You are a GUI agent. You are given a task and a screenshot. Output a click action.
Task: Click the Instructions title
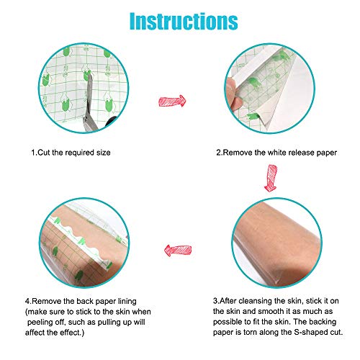point(184,21)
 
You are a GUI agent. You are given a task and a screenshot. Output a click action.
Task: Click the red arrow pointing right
point(172,101)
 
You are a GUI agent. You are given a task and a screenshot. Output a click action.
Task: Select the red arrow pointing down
point(271,178)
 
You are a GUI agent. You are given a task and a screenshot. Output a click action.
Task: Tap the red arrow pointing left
point(178,251)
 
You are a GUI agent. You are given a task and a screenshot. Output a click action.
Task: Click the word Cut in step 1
point(44,153)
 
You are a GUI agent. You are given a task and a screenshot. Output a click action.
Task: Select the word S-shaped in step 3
point(310,332)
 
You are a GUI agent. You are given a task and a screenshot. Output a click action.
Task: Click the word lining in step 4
point(127,302)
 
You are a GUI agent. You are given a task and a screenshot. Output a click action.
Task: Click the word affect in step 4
point(35,333)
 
